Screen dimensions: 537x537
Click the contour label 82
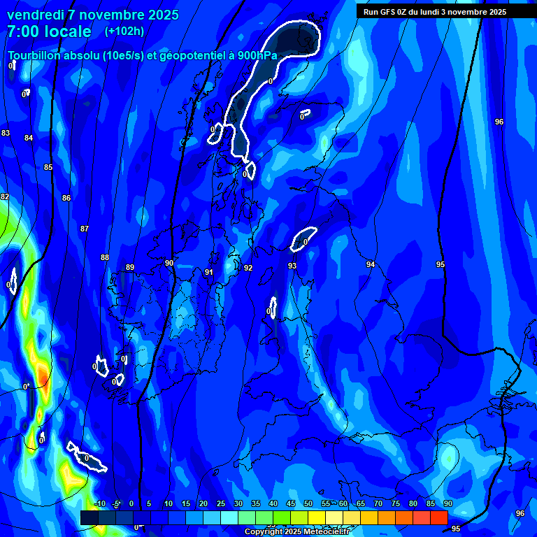click(5, 196)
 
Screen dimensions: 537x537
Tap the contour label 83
click(6, 133)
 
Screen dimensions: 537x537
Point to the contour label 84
click(29, 138)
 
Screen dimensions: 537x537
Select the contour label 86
click(66, 198)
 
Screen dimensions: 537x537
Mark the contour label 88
click(105, 257)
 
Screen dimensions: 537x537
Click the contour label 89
click(130, 267)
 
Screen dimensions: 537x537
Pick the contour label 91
click(209, 272)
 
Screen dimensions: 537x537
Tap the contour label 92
click(248, 268)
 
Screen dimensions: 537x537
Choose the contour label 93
click(292, 266)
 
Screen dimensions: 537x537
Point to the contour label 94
click(371, 264)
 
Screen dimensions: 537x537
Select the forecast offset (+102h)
click(124, 31)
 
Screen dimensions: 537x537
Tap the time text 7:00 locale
click(49, 31)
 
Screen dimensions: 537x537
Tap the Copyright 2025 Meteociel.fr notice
click(297, 532)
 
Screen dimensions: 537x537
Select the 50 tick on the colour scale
click(308, 504)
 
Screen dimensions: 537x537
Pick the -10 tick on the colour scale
click(99, 504)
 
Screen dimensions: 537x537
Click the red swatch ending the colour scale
click(439, 517)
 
